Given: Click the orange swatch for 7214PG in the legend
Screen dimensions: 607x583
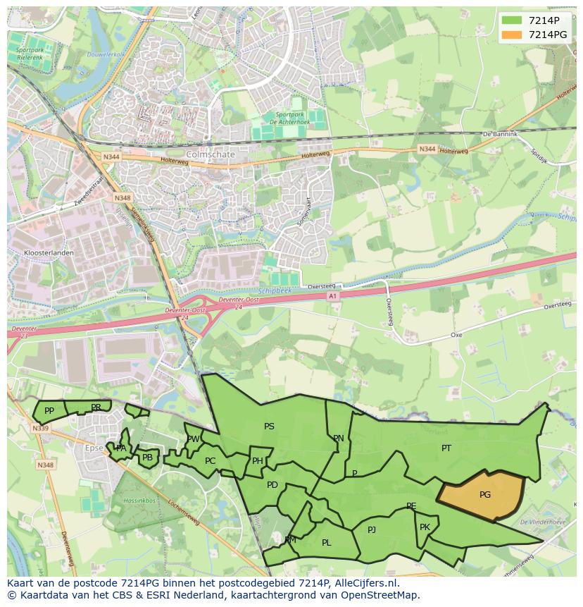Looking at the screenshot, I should pos(512,35).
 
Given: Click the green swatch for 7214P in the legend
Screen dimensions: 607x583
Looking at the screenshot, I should pos(512,20).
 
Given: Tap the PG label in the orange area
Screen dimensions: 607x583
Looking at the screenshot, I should pos(485,495).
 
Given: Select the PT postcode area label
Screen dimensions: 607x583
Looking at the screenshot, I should pos(446,448).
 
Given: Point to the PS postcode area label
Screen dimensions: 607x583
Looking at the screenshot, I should pos(269,427).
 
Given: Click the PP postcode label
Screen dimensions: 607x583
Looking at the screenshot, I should pos(49,411).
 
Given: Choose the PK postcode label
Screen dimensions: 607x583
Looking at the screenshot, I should pos(425,527).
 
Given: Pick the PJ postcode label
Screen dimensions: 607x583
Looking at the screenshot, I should pos(372,529).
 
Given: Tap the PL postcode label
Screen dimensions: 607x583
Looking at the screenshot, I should pos(326,543).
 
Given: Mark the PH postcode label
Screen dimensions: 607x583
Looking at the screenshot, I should pos(258,461).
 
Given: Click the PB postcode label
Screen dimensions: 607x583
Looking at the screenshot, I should pos(147,458).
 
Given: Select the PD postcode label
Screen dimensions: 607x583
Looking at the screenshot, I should pos(272,484).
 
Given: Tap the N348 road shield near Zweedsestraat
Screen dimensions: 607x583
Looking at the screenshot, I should pos(122,199).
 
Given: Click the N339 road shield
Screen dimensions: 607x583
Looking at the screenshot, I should pos(40,428).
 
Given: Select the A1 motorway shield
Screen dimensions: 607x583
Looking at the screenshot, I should pos(333,297).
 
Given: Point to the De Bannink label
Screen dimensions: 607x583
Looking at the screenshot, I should pos(500,134).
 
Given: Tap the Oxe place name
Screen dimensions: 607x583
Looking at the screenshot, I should pos(456,335).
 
